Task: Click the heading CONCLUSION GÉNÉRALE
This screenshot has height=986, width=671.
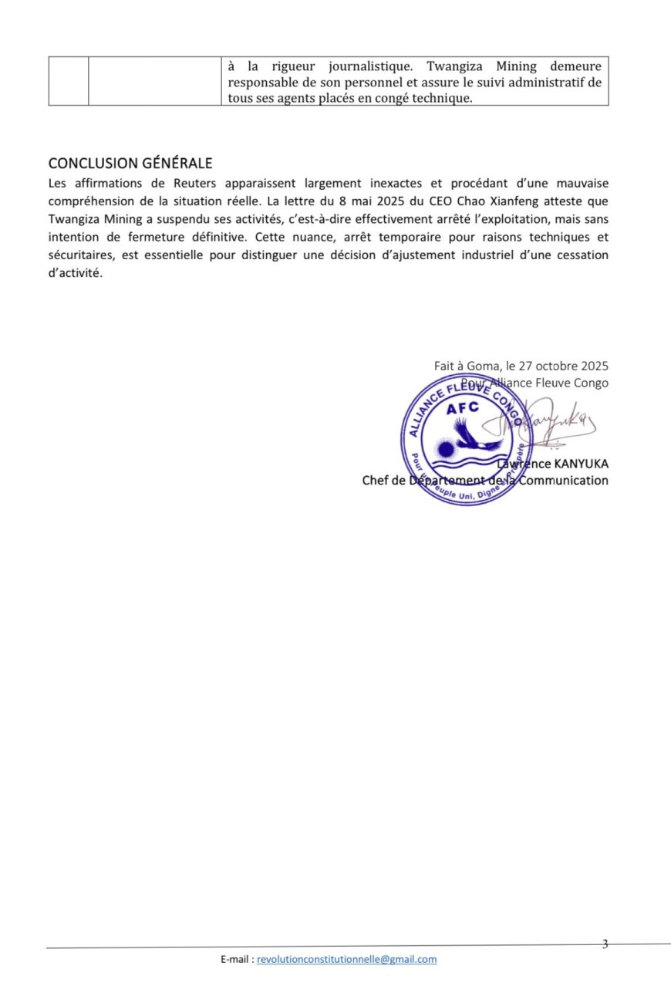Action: pos(130,164)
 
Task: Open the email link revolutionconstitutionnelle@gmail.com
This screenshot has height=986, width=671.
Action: pos(346,959)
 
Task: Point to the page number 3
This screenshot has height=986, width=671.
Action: pos(605,944)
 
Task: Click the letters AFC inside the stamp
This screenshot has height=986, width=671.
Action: pos(462,408)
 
